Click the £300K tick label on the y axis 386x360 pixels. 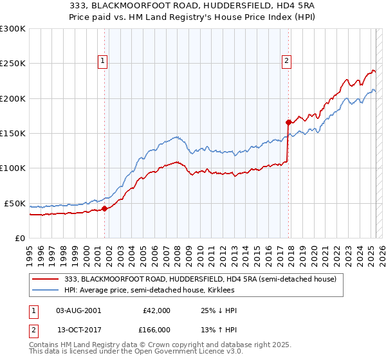(x=13, y=29)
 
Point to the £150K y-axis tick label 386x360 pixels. (x=13, y=133)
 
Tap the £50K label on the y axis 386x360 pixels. (x=15, y=203)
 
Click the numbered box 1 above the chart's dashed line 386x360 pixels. (x=103, y=62)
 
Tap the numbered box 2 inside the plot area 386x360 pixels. (x=287, y=62)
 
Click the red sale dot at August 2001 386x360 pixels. (x=104, y=208)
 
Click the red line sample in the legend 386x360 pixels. (x=46, y=279)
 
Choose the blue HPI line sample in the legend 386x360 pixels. (x=46, y=290)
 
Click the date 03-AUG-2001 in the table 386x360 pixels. (x=78, y=310)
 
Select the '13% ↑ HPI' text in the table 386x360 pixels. (x=219, y=329)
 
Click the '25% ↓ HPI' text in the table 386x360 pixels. (x=219, y=310)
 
